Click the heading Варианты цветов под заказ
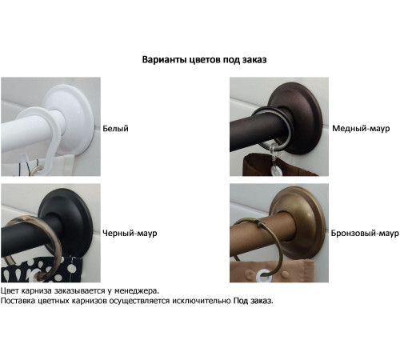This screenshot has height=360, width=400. pos(203,60)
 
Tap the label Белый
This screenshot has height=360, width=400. pos(115,129)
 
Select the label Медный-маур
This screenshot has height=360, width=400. pos(360,129)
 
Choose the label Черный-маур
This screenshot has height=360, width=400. pos(130,234)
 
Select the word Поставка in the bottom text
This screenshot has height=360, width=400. pos(18,302)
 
